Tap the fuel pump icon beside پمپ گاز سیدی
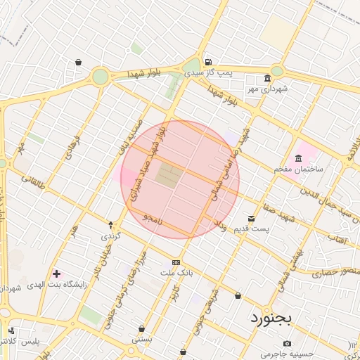pyautogui.click(x=208, y=61)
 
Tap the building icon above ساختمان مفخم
pyautogui.click(x=299, y=157)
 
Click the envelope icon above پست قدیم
pyautogui.click(x=252, y=218)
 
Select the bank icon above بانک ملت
pyautogui.click(x=176, y=262)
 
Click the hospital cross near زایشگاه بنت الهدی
pyautogui.click(x=57, y=273)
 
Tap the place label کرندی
pyautogui.click(x=111, y=236)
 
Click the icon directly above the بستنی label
pyautogui.click(x=142, y=328)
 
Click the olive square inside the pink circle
pyautogui.click(x=167, y=176)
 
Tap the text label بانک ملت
pyautogui.click(x=176, y=272)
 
